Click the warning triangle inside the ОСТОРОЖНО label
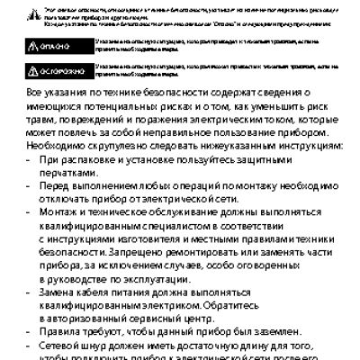(x=34, y=68)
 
